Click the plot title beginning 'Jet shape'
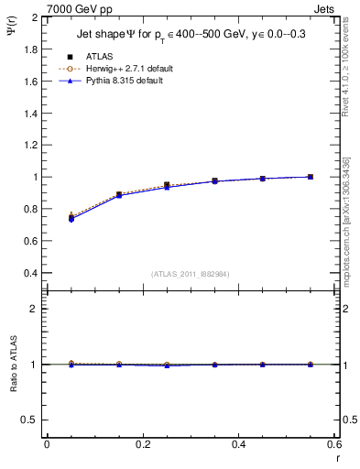coord(194,36)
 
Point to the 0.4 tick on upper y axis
coord(31,273)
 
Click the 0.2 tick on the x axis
coord(142,443)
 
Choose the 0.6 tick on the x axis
coord(334,443)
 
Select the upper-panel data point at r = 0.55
coord(311,177)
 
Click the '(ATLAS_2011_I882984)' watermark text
coord(190,275)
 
